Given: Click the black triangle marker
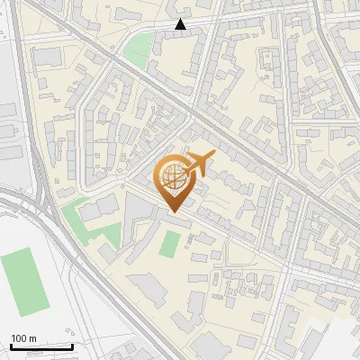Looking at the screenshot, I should [x=181, y=24].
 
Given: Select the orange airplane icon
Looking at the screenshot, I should [x=199, y=164].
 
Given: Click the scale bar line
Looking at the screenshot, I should [x=40, y=346].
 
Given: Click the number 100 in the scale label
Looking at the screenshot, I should [x=19, y=338].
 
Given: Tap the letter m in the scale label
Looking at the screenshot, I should [x=32, y=338].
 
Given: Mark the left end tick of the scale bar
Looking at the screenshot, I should [x=10, y=345].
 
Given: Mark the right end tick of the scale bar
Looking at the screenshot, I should [x=72, y=345].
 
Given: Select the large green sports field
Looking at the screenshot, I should [x=22, y=283].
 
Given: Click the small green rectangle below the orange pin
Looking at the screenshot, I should [x=169, y=242].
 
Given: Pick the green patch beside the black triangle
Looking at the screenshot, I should [x=137, y=49].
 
